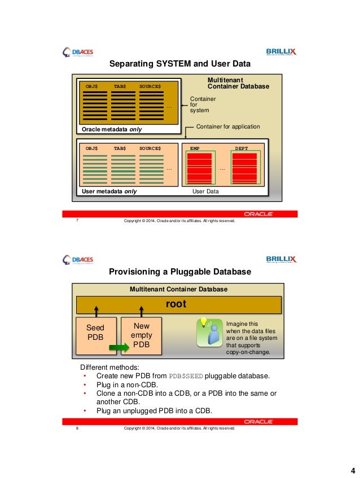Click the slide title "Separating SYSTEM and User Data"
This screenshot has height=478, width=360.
(179, 63)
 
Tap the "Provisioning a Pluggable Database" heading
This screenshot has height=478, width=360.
(179, 272)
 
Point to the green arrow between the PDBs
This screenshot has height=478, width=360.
(119, 348)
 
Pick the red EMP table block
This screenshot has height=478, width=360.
(199, 167)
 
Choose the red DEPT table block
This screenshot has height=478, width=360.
(244, 167)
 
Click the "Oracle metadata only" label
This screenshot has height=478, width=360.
(112, 129)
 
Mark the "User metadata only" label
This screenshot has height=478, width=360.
(109, 192)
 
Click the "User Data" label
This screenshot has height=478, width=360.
(206, 192)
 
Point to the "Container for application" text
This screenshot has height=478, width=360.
(228, 127)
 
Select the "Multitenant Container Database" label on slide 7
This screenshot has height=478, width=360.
(238, 84)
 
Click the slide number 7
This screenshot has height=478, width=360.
(76, 221)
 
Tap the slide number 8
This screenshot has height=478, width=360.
(76, 428)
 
